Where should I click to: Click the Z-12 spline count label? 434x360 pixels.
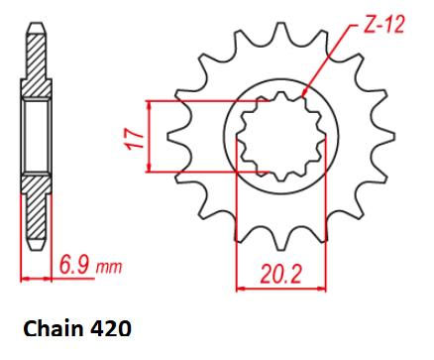pyautogui.click(x=383, y=25)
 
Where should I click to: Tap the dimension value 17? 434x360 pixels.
pyautogui.click(x=135, y=139)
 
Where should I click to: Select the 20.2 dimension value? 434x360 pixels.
pyautogui.click(x=280, y=275)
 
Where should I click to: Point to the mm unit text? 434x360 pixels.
pyautogui.click(x=109, y=267)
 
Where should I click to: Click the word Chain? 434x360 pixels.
pyautogui.click(x=54, y=329)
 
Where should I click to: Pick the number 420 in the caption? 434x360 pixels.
pyautogui.click(x=110, y=329)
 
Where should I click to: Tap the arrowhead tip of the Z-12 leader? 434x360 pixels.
pyautogui.click(x=303, y=96)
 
